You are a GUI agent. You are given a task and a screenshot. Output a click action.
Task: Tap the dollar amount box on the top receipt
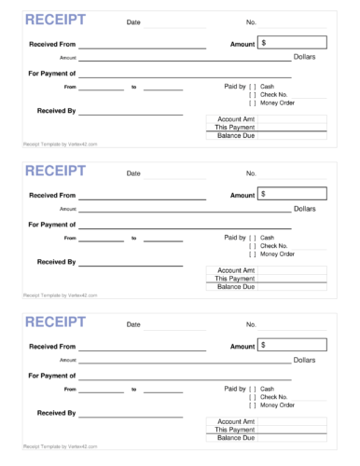[x=293, y=42]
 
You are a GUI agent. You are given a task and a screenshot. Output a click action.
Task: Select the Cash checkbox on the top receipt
[x=252, y=86]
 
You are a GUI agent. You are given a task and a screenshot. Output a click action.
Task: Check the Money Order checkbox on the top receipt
[x=252, y=103]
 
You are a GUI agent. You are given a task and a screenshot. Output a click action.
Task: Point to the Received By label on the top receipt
[x=56, y=111]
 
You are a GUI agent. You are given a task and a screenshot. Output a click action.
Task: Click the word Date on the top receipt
[x=133, y=21]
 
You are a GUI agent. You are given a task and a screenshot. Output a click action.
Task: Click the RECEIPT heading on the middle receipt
[x=54, y=171]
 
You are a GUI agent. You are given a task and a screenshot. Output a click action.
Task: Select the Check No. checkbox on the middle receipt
[x=252, y=245]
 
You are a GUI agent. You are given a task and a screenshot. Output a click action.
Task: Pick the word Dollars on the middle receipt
[x=305, y=209]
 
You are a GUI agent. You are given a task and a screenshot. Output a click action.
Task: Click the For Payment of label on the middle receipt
[x=52, y=224]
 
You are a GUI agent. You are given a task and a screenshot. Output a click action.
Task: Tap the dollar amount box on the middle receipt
[x=293, y=193]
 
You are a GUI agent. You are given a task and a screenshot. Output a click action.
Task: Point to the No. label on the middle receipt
[x=251, y=172]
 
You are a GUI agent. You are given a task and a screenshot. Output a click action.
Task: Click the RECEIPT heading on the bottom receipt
[x=54, y=322]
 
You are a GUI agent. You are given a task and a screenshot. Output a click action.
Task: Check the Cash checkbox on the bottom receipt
[x=252, y=388]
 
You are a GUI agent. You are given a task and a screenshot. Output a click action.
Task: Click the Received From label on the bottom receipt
[x=52, y=345]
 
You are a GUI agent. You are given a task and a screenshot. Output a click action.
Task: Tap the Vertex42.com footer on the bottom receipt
[x=60, y=446]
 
